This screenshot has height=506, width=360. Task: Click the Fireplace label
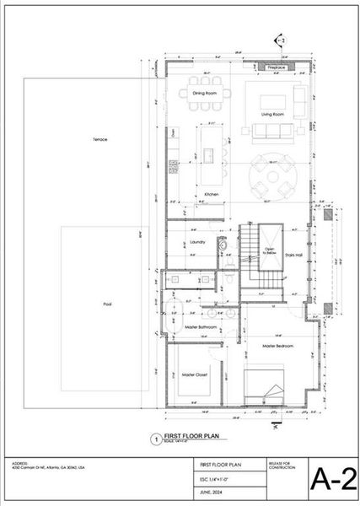click(276, 67)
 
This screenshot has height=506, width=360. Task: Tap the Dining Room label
click(205, 93)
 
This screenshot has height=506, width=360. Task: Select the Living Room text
click(271, 113)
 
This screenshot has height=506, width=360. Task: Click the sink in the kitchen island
click(206, 155)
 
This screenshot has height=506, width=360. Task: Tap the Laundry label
click(198, 242)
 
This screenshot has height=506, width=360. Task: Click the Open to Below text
click(269, 250)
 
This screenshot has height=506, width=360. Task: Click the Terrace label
click(99, 139)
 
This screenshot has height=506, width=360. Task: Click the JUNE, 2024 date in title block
click(211, 491)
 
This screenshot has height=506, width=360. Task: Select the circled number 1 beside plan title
click(154, 439)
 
